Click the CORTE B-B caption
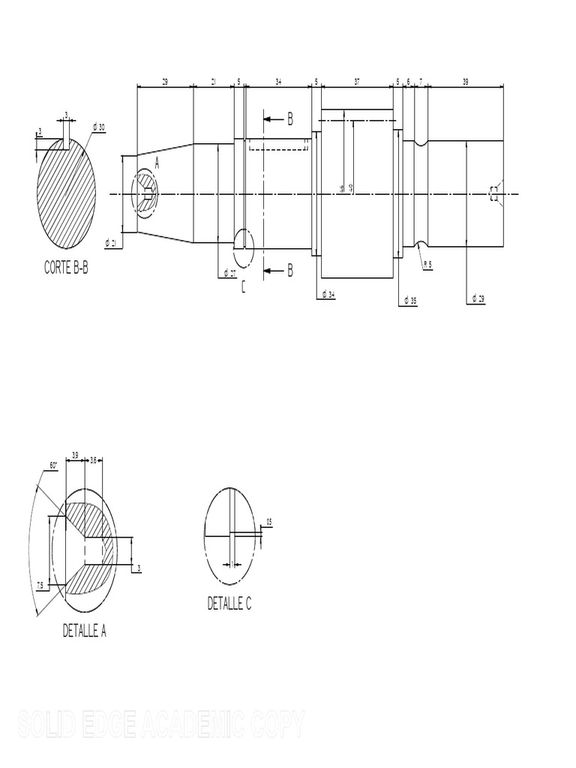tap(65, 267)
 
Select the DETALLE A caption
tap(84, 631)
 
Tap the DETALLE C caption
tap(229, 604)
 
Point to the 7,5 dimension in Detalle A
tap(40, 584)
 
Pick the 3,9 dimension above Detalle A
tap(75, 454)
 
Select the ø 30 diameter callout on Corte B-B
tap(98, 127)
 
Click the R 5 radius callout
tap(427, 264)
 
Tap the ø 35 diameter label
tap(409, 301)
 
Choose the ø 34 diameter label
tap(328, 295)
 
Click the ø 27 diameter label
tap(227, 274)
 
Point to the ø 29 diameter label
tap(478, 298)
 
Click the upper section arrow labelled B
tap(278, 118)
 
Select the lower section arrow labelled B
tap(278, 271)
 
